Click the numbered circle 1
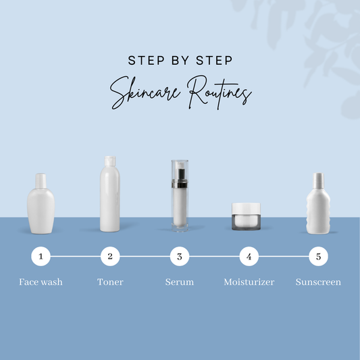41,256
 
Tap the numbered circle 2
110,256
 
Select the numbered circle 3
180,256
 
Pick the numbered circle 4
249,256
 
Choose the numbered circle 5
318,256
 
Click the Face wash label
41,282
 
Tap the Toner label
110,282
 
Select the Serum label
180,282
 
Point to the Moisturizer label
249,282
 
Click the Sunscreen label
318,282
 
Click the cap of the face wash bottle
41,181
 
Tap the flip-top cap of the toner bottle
110,161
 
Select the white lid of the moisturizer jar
246,209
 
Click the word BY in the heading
180,60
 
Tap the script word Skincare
145,93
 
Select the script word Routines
220,93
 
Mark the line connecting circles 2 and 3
145,256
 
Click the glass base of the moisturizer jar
246,222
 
